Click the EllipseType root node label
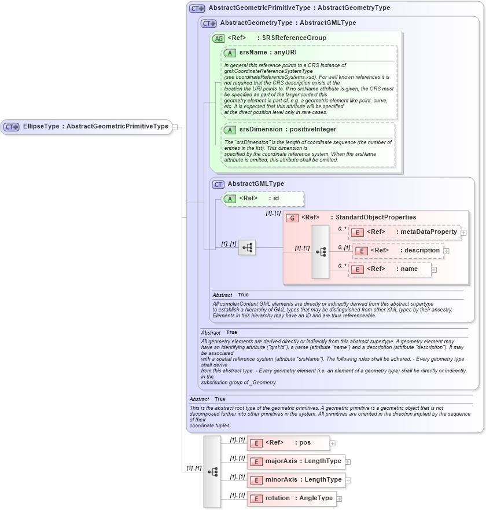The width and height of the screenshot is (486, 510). tap(95, 126)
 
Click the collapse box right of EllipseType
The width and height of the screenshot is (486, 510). tap(175, 127)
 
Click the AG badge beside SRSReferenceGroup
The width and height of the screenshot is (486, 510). tap(218, 38)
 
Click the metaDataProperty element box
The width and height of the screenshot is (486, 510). tap(404, 232)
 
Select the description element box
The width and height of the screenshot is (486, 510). tap(397, 251)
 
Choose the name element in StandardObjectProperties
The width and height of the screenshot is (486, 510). tap(389, 269)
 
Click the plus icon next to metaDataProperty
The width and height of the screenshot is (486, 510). tap(463, 232)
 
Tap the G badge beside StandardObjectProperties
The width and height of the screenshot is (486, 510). tap(292, 218)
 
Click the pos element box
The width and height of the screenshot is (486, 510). tap(288, 443)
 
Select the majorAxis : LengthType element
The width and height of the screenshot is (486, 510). tap(296, 461)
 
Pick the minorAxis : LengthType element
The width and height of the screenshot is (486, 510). tap(296, 480)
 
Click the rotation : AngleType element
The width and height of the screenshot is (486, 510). tap(291, 498)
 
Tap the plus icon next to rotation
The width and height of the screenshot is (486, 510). tap(339, 498)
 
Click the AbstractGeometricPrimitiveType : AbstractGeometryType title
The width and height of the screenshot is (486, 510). tap(299, 8)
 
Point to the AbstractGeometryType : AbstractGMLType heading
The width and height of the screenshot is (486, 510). tap(288, 23)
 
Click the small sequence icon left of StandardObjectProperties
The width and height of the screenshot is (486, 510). tap(247, 248)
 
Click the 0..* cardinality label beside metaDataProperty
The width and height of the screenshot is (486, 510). tap(343, 229)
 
